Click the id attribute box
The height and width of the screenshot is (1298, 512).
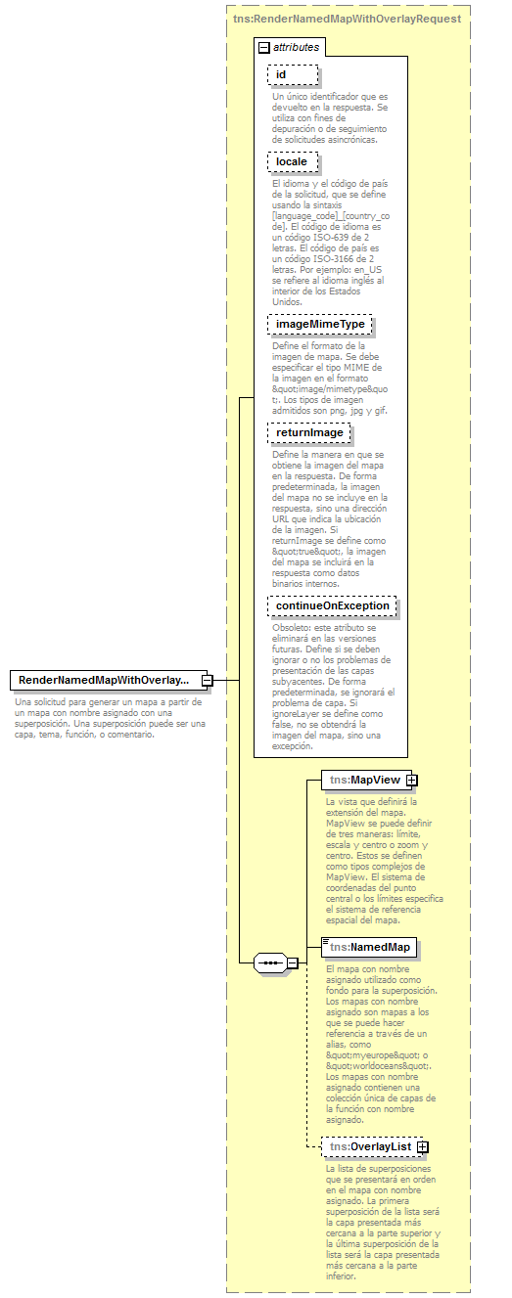point(293,75)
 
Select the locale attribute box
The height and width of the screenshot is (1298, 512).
point(293,161)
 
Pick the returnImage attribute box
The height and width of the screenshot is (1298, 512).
point(309,432)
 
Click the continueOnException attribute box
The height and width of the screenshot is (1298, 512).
point(333,606)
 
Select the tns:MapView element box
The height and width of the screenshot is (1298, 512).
point(363,780)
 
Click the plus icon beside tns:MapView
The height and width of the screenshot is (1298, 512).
point(412,780)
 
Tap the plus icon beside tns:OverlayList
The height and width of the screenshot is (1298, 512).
point(423,1146)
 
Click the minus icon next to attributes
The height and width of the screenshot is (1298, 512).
point(264,47)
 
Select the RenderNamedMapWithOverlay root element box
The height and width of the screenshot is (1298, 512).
point(105,680)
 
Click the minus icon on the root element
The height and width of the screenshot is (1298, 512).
point(208,680)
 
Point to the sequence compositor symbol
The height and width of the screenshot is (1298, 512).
point(269,963)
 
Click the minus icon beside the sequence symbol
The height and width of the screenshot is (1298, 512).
point(292,963)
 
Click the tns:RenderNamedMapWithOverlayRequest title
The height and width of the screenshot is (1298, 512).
point(348,18)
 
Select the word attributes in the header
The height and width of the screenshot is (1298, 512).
point(296,47)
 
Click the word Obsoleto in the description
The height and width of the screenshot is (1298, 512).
point(292,628)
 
